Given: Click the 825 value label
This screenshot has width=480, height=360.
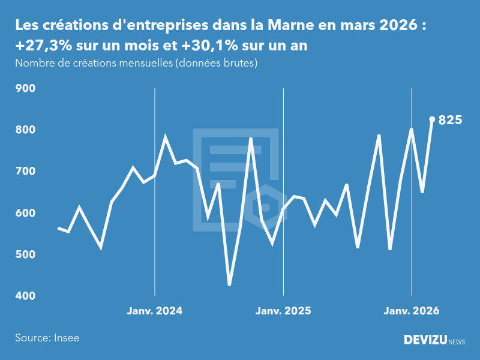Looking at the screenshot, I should [450, 120].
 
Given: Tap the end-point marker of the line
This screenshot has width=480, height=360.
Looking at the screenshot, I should [432, 119].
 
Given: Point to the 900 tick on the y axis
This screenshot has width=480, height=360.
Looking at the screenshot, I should [26, 88].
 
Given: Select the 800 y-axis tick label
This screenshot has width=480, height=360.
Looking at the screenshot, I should [26, 130].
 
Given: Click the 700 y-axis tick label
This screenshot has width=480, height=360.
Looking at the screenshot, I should [26, 172].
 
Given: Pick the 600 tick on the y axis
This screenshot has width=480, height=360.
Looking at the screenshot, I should [26, 213].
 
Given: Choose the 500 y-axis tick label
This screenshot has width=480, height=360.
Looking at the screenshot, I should [26, 254].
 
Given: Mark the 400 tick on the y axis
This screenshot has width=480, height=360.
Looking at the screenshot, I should [26, 296].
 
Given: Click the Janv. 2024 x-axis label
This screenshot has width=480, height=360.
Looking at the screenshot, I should [155, 311].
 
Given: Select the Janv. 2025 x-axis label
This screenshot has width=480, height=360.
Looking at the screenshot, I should [283, 311].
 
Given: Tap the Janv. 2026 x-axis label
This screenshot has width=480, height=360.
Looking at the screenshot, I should [412, 311].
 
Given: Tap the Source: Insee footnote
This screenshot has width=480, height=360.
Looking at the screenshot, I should [47, 338].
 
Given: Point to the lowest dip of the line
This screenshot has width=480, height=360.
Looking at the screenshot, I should [229, 284].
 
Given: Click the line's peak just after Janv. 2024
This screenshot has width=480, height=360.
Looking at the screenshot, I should [166, 137].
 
